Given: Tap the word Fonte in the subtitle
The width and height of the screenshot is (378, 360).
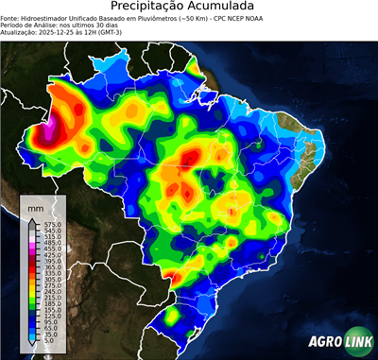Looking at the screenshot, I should (12, 18).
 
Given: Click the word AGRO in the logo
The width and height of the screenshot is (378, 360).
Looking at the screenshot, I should (324, 339).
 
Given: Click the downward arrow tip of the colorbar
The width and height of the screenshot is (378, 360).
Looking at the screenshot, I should (29, 346).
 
